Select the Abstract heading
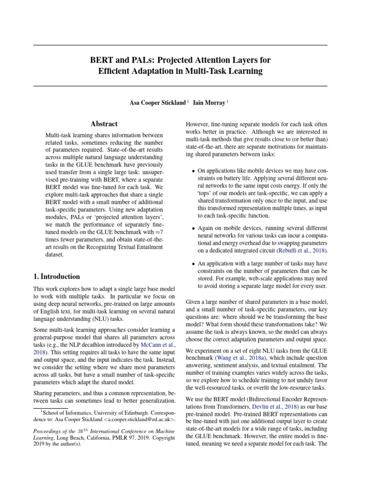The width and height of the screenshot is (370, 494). (x=104, y=124)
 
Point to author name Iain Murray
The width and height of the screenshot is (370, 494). (x=209, y=103)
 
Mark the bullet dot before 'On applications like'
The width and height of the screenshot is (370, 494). (x=194, y=171)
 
